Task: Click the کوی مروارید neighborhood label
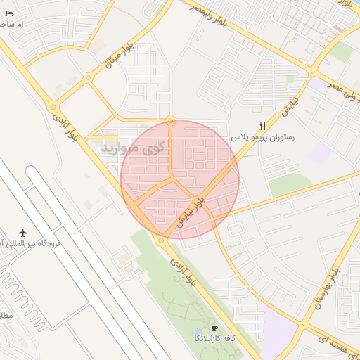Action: point(133,148)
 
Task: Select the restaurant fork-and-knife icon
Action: point(263,126)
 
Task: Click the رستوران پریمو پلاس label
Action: point(263,137)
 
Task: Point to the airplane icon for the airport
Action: point(23,233)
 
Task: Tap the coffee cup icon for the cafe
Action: point(215,328)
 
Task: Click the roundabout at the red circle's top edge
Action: point(171,120)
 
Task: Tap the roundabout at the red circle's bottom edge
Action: point(161,239)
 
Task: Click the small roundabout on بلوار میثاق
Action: point(88,78)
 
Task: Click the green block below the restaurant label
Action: point(290,184)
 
